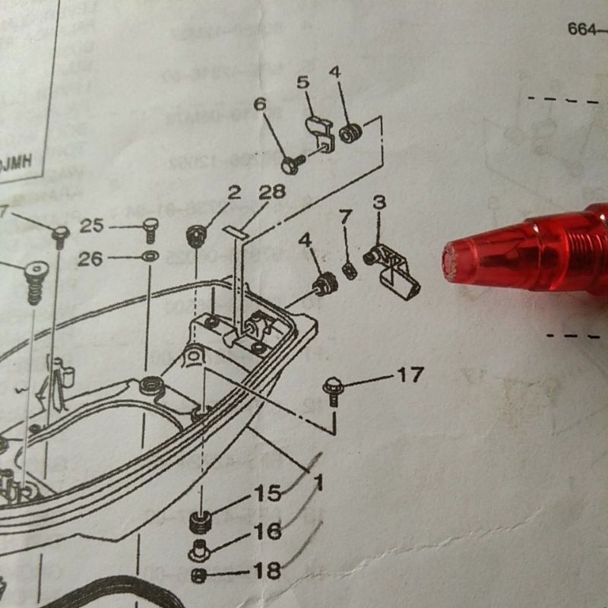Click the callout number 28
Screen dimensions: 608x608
point(271,192)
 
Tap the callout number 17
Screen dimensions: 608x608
point(409,374)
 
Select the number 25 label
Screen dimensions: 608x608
point(91,225)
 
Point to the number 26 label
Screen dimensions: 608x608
point(90,259)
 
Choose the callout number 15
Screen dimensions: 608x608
point(268,493)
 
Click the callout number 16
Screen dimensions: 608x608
point(268,531)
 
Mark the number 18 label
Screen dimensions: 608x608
point(268,570)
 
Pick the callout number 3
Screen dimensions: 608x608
point(380,202)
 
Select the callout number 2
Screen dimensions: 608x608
point(234,192)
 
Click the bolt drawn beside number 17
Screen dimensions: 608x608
point(332,388)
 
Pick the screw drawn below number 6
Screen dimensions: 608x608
point(291,163)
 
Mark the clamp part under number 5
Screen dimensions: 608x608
point(321,133)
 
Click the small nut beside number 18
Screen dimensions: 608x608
point(199,575)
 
